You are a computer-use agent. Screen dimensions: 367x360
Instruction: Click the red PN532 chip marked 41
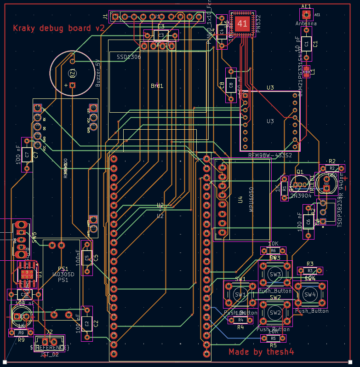coord(243,23)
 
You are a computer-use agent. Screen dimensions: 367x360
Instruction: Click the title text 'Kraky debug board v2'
coord(59,28)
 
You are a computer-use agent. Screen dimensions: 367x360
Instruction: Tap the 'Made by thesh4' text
coord(261,352)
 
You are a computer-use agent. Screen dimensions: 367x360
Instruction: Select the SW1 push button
coord(240,294)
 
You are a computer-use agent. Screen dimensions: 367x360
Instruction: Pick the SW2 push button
coord(275,313)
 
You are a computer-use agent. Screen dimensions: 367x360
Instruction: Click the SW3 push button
coord(275,275)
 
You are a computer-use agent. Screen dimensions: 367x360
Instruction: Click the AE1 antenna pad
coord(306,14)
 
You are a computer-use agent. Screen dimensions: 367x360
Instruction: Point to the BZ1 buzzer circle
coord(72,73)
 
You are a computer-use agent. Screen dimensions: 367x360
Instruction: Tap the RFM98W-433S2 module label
coord(270,155)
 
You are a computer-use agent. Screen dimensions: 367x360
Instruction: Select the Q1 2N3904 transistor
coord(300,184)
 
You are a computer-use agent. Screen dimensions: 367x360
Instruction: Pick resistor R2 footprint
coord(332,169)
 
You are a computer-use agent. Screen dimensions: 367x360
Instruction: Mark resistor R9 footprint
coord(21,333)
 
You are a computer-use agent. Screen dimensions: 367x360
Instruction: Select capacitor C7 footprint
coord(27,155)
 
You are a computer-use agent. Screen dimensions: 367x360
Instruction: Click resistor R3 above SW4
coord(310,271)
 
